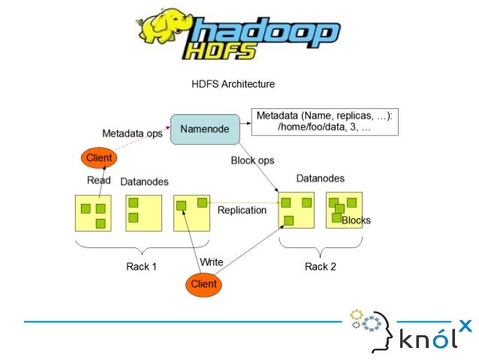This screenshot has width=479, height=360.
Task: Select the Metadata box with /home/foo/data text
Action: [x=324, y=123]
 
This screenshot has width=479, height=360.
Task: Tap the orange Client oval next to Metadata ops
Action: [x=99, y=158]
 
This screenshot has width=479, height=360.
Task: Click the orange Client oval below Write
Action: [x=203, y=284]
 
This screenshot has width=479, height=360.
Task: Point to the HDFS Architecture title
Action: [x=233, y=84]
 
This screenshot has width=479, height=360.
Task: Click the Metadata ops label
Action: [x=132, y=134]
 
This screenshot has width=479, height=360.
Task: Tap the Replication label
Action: [x=242, y=210]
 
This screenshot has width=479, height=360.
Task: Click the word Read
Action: [x=99, y=180]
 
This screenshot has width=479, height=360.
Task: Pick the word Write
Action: [x=211, y=262]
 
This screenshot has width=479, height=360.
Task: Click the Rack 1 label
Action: [x=141, y=266]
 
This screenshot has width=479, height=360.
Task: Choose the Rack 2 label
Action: [x=320, y=266]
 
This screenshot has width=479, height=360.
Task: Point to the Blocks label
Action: [x=356, y=220]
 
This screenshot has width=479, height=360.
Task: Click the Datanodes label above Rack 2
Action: [x=321, y=179]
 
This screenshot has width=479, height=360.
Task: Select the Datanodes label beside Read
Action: [x=144, y=181]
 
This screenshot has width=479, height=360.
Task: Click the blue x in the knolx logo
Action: [x=465, y=325]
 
